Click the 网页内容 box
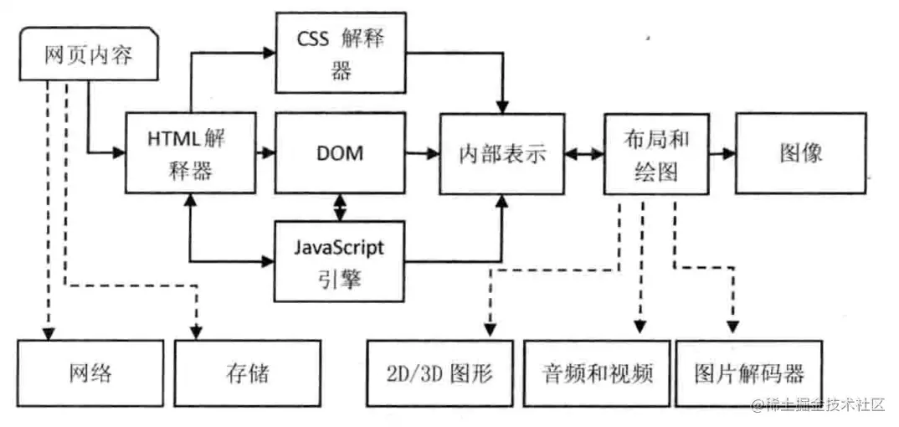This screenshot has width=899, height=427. point(88,55)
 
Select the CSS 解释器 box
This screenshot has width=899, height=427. point(341,52)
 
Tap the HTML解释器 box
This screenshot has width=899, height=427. point(190,153)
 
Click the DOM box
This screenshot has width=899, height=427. point(339,153)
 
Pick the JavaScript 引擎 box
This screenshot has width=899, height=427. point(340,261)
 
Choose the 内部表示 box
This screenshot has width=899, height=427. point(502,154)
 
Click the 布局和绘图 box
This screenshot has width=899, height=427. point(656,153)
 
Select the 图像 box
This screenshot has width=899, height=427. point(800,153)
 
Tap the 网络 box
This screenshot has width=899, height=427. point(90,373)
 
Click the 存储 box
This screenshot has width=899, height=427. point(247,373)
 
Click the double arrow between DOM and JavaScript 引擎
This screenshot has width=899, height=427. point(339,206)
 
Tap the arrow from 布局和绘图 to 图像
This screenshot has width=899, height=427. point(722,153)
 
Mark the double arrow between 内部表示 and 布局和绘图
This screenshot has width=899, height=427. point(584,154)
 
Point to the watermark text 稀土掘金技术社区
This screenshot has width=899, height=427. point(824,405)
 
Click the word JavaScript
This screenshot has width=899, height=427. point(340,249)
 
